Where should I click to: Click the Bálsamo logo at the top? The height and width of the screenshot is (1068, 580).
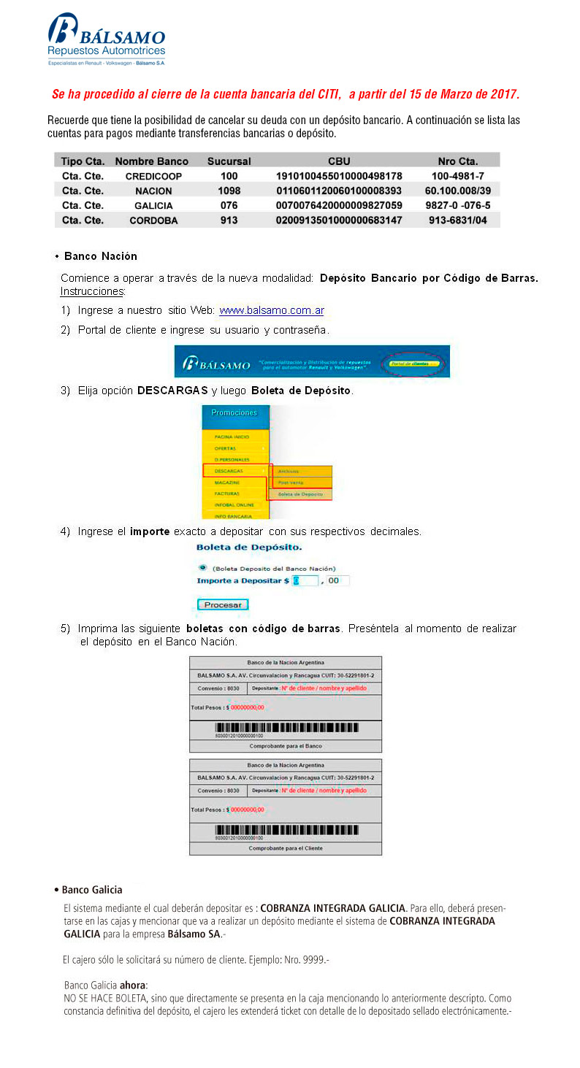click(x=107, y=40)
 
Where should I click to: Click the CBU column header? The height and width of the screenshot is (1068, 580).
click(x=339, y=161)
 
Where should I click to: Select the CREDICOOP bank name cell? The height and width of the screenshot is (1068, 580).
click(x=153, y=177)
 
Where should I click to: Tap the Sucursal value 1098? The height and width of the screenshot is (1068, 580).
click(x=229, y=191)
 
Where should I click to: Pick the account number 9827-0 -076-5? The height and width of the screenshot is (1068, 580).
click(x=457, y=206)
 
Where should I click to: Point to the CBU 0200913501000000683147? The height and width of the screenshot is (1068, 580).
click(x=339, y=220)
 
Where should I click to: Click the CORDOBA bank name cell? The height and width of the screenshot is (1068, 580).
click(x=153, y=220)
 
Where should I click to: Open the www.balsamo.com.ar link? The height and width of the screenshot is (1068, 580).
click(x=272, y=310)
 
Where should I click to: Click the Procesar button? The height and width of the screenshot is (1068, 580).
click(x=223, y=604)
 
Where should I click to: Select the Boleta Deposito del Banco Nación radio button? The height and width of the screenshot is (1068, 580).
click(x=202, y=568)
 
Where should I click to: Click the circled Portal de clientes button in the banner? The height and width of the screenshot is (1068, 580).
click(x=413, y=363)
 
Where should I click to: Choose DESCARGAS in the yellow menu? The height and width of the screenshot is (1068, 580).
click(x=229, y=471)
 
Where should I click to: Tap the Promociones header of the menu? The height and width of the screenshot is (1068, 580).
click(x=234, y=412)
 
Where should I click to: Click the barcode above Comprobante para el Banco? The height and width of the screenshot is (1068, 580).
click(x=286, y=728)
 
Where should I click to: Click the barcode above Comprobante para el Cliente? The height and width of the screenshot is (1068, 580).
click(x=286, y=830)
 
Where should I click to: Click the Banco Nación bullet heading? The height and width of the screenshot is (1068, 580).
click(x=100, y=256)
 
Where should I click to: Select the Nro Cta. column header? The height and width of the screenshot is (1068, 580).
click(x=457, y=161)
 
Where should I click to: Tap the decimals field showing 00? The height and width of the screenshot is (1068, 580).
click(x=337, y=581)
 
